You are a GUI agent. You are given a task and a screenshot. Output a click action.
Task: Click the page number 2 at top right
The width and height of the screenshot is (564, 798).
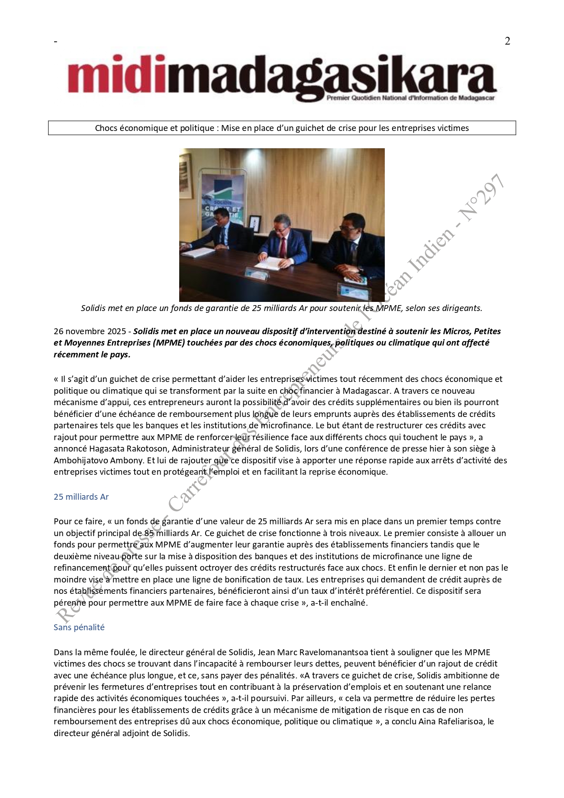tap(507, 41)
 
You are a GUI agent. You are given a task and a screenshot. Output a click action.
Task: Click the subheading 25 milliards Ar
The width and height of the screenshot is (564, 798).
tap(81, 497)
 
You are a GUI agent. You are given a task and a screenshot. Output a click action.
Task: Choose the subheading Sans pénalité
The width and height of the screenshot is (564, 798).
tap(79, 627)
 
